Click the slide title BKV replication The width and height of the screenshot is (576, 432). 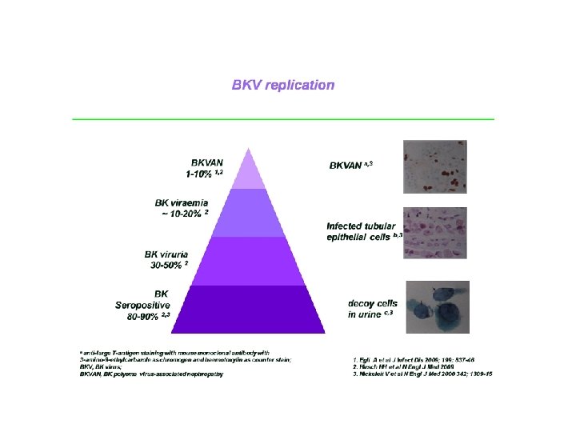point(283,85)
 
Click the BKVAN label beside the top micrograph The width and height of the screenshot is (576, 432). point(350,166)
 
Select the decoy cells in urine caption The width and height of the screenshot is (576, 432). point(373,309)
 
